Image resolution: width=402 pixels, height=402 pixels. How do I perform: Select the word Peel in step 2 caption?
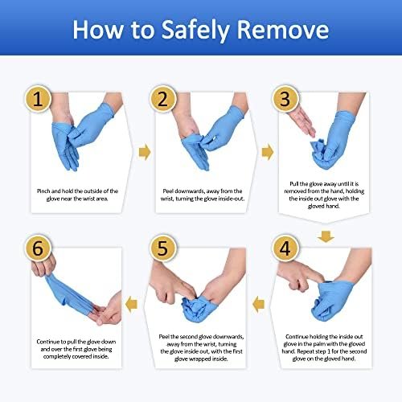[x=167, y=191]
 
